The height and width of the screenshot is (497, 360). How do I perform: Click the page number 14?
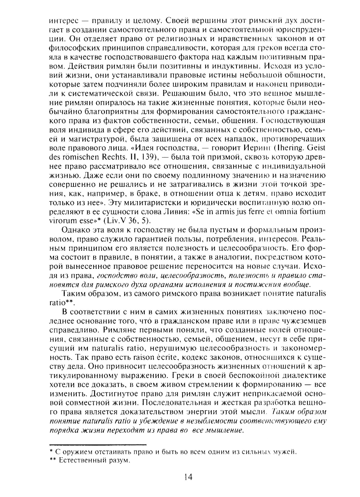pyautogui.click(x=188, y=477)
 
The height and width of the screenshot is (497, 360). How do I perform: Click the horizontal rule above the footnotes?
pyautogui.click(x=97, y=445)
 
